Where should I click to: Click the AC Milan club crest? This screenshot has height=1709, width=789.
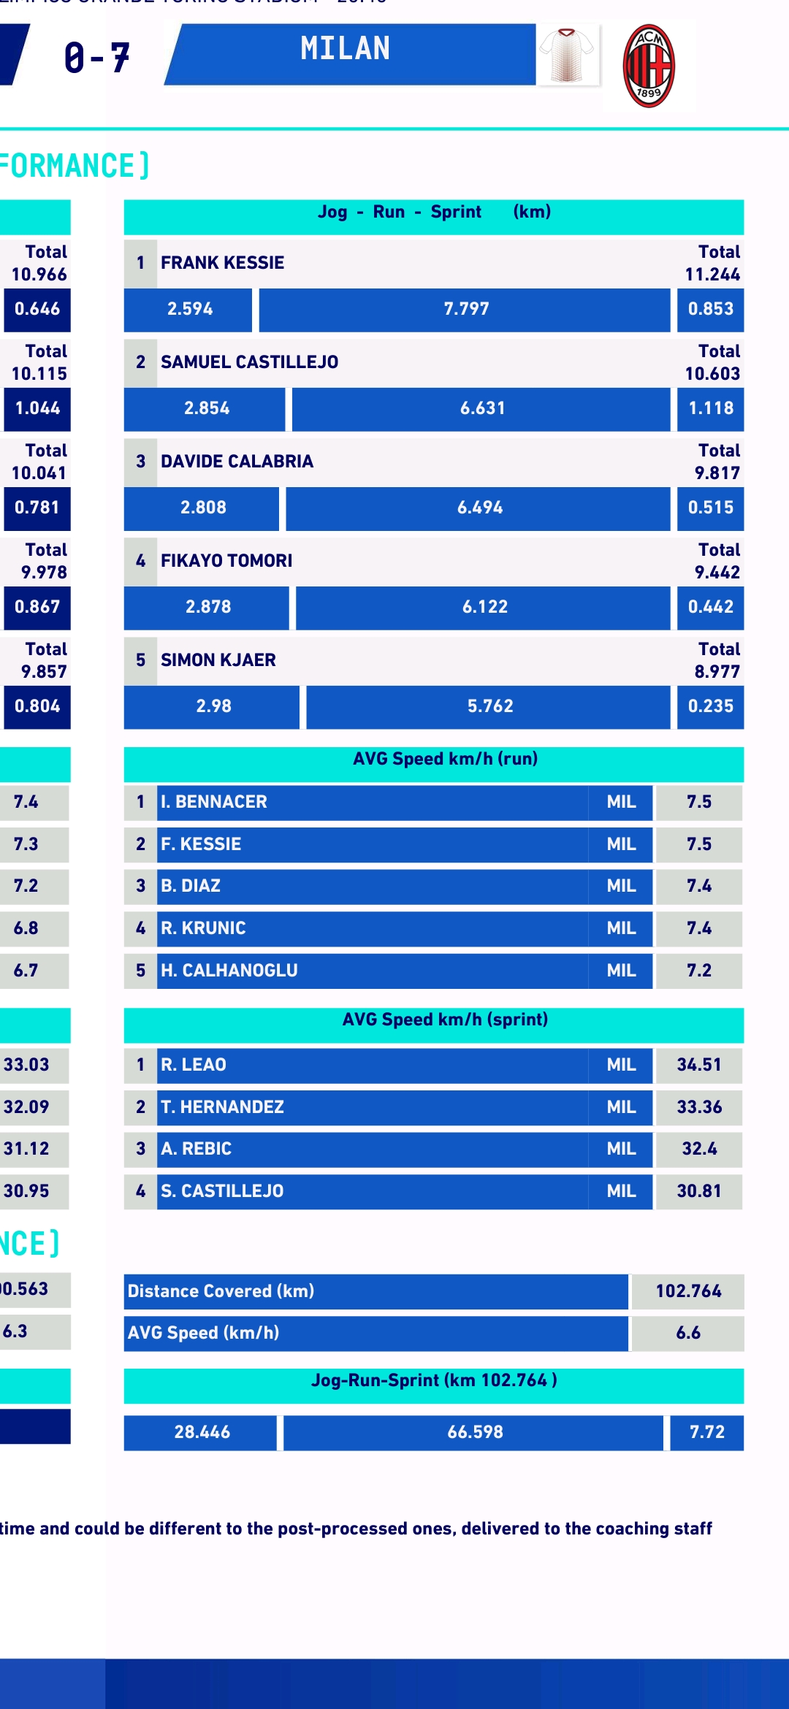coord(649,66)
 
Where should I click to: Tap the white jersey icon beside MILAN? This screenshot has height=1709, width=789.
coord(568,56)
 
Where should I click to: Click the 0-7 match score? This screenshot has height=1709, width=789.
coord(96,58)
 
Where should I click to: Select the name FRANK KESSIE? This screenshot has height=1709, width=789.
coord(222,263)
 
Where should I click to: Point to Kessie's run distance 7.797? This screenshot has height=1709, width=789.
coord(466,309)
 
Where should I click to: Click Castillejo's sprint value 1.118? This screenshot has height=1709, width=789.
coord(710,408)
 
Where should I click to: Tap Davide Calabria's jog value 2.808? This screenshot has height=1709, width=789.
coord(202,508)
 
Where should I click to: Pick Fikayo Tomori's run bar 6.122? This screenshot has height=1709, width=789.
coord(484,607)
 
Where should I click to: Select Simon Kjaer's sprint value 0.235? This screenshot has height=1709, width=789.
coord(710,706)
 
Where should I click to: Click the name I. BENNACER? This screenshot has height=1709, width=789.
coord(214,802)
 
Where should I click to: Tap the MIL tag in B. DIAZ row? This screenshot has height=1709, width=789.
coord(621,886)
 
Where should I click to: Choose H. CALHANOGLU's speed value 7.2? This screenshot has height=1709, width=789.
coord(698,971)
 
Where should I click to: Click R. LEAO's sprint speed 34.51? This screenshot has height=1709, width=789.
coord(698,1065)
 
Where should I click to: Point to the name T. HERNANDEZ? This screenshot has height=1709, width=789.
coord(222,1107)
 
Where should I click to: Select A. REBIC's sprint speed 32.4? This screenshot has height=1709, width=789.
coord(698,1149)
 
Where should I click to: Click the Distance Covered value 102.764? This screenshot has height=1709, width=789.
coord(687,1291)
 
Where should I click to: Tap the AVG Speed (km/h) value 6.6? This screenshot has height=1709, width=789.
coord(687,1333)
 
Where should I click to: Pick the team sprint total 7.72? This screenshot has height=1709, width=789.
coord(706,1432)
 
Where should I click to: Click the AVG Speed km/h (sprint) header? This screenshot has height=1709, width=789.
coord(445,1020)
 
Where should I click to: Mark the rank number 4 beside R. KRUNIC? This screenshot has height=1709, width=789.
coord(140,928)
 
